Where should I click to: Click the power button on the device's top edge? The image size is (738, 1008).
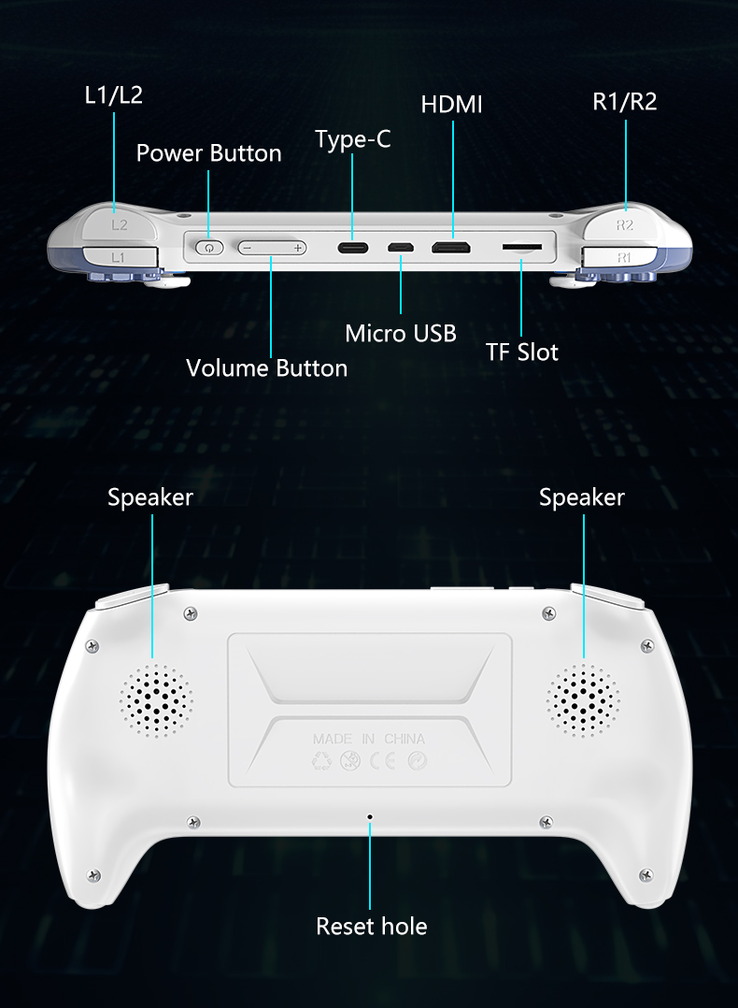click(x=208, y=248)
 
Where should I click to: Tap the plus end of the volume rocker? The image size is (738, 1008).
click(x=297, y=248)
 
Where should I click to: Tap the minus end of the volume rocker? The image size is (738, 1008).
click(x=248, y=248)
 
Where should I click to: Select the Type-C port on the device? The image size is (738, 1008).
click(x=353, y=248)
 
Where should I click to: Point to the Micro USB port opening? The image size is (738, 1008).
click(x=400, y=248)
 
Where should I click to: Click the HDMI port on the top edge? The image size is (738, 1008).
click(x=451, y=248)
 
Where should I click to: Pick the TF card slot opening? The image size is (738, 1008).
click(x=522, y=246)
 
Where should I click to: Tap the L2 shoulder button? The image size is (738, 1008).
click(x=120, y=223)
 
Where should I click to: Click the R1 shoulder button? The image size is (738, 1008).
click(x=622, y=258)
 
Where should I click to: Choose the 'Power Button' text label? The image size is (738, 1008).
click(x=208, y=153)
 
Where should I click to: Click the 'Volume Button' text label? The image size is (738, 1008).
click(x=266, y=367)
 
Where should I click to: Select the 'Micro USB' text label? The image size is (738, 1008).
click(x=401, y=333)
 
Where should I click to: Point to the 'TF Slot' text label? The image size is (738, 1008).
click(x=521, y=352)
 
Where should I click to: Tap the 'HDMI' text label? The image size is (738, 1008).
click(x=451, y=104)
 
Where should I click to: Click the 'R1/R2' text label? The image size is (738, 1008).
click(x=624, y=101)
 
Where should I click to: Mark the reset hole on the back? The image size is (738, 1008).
click(x=369, y=817)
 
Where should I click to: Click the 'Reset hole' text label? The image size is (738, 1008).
click(x=371, y=927)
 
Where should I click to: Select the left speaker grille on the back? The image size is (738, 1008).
click(x=155, y=700)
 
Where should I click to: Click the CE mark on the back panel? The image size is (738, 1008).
click(x=382, y=761)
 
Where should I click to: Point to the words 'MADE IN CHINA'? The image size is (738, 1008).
click(x=369, y=739)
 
